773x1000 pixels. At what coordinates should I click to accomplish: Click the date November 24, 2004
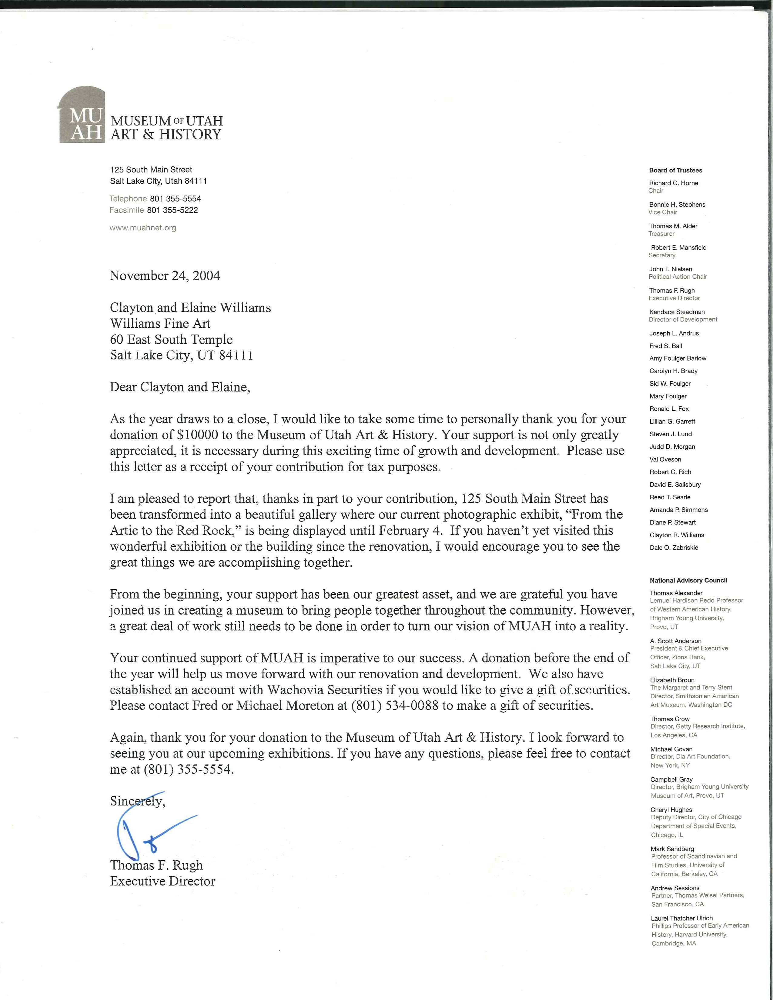pos(165,276)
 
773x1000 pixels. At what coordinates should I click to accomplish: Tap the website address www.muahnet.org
pos(142,228)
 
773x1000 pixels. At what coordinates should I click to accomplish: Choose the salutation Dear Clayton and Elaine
pos(179,387)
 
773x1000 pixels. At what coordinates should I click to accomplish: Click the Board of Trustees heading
pos(675,170)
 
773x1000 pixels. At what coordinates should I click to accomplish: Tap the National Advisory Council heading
pos(688,580)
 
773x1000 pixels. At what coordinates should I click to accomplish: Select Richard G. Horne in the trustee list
pos(674,183)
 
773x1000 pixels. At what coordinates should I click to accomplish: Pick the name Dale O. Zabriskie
pos(674,548)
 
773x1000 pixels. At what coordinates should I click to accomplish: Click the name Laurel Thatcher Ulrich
pos(682,918)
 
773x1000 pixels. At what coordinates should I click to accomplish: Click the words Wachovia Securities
pos(325,690)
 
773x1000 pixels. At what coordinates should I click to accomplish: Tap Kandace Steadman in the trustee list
pos(677,312)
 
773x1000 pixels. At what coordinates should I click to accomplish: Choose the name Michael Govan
pos(671,749)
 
